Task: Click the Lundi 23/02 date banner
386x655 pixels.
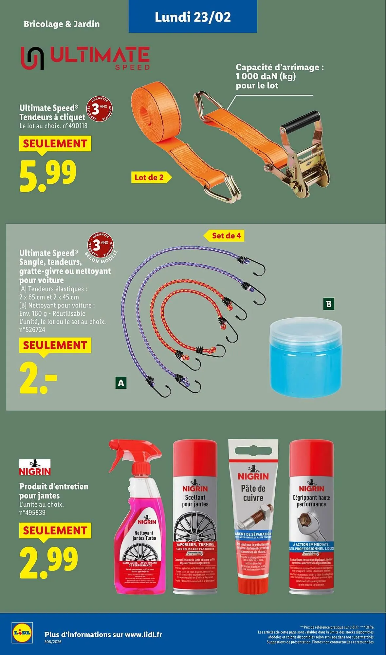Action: tap(193, 17)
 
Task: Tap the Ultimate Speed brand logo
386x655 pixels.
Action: tap(85, 58)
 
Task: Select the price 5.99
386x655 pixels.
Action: tap(48, 176)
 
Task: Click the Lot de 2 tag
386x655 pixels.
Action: tap(149, 178)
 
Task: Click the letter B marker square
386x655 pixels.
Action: tap(329, 304)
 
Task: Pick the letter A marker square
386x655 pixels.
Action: tap(121, 383)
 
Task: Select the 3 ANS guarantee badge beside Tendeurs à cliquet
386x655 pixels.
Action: tap(99, 109)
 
